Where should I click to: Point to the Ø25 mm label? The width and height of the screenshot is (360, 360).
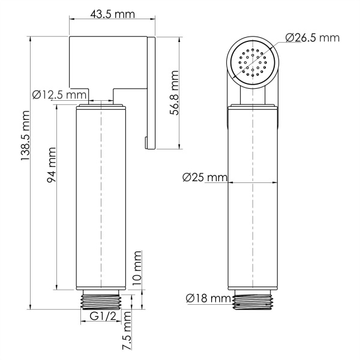pos(203,177)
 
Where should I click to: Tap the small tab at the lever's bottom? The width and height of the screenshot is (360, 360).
pos(146,142)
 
